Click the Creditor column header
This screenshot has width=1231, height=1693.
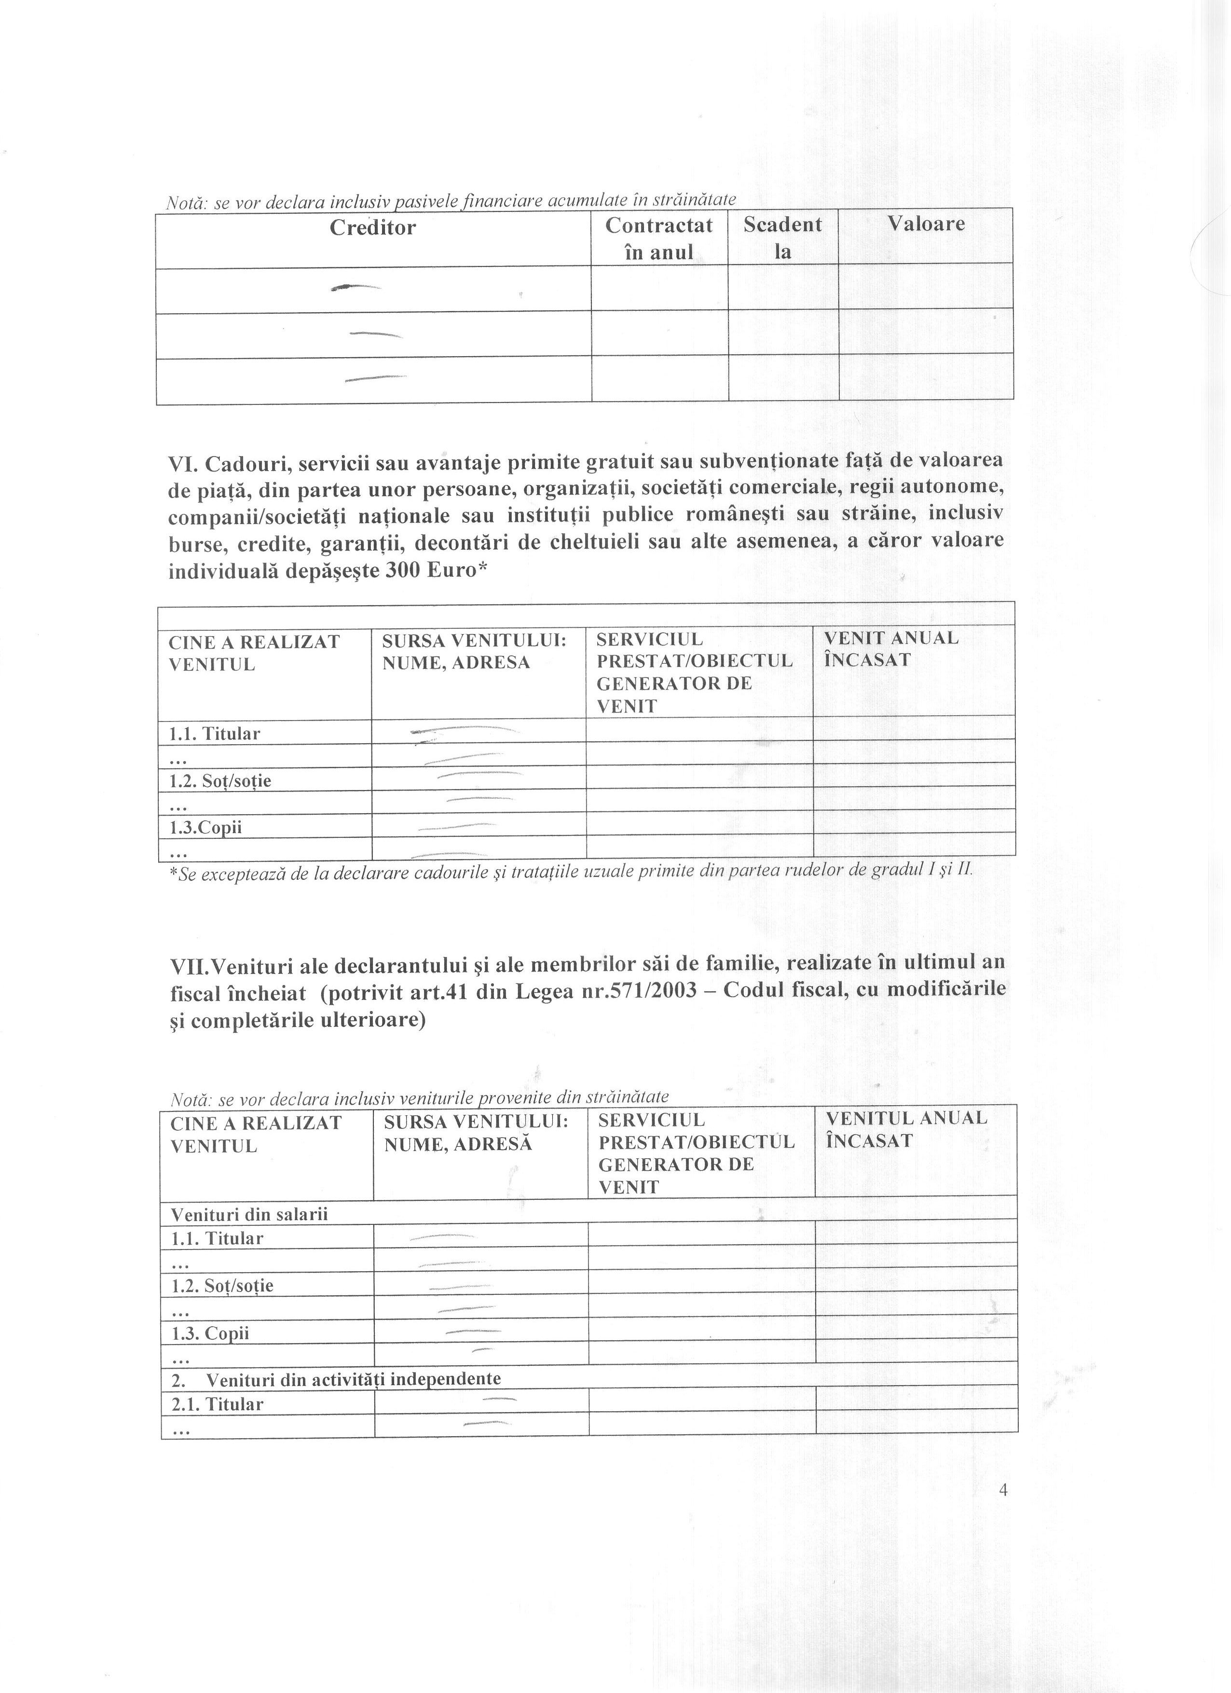pos(372,228)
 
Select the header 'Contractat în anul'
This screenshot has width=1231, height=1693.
pos(659,238)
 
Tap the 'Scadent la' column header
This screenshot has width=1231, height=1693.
pos(782,237)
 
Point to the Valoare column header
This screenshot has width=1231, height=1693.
pos(926,224)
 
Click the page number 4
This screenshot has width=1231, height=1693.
pos(1003,1490)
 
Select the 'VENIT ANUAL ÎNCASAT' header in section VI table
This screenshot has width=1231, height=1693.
pos(891,649)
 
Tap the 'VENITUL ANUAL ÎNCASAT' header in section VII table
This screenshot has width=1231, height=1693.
pos(906,1129)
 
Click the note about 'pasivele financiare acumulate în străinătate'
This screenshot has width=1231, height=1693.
pos(451,200)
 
